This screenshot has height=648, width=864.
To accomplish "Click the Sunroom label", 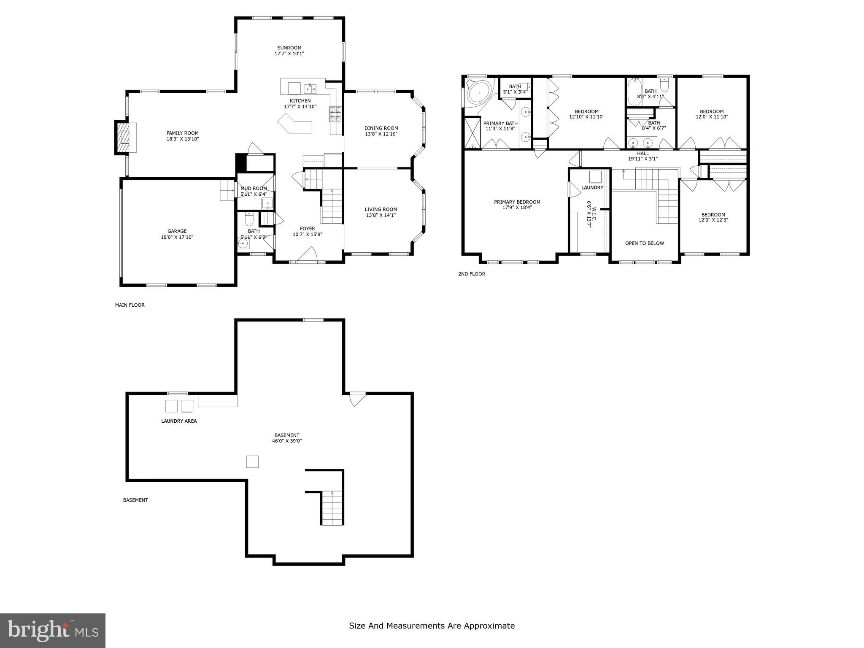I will (x=289, y=48).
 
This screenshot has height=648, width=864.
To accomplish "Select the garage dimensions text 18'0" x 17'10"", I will (x=177, y=237).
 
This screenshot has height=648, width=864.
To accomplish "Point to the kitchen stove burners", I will (x=336, y=114).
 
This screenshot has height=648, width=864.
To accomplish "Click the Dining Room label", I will (x=381, y=128).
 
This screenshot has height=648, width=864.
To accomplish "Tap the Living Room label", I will (x=381, y=209).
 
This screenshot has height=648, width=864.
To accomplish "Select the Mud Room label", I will (x=254, y=189).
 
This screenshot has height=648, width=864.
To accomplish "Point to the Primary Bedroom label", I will (x=517, y=202).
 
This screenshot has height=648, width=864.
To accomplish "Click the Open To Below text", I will (x=644, y=243).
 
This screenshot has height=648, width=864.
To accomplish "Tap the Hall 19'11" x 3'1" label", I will (x=643, y=156).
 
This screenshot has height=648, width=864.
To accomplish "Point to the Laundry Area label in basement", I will (x=179, y=421).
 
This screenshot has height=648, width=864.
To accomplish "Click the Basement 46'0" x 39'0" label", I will (x=287, y=438).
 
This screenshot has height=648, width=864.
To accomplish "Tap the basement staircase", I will (x=332, y=508).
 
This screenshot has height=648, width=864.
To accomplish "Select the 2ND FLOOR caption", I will (x=471, y=274).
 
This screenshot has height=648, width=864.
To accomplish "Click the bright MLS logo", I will (x=53, y=630).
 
